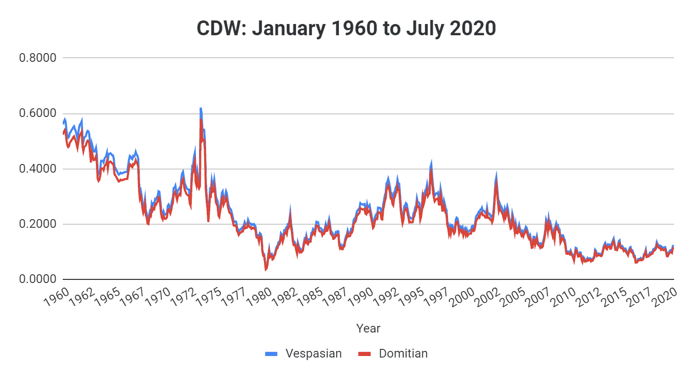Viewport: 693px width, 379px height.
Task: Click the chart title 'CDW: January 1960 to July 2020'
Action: click(x=346, y=28)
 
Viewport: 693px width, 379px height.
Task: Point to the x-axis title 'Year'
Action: click(x=368, y=328)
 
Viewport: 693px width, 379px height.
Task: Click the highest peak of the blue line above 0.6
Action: click(x=201, y=109)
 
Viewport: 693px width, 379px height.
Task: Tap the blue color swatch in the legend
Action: click(x=271, y=353)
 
